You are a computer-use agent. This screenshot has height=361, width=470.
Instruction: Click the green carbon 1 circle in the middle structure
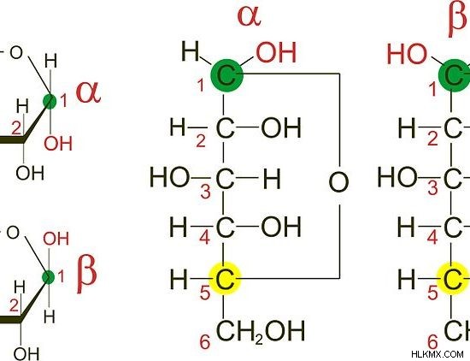(226, 75)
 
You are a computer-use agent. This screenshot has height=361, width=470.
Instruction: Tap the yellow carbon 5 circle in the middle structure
(225, 279)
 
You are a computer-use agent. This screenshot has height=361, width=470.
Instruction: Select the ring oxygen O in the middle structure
(338, 182)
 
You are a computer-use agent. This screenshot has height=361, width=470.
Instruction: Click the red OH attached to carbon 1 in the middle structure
(276, 52)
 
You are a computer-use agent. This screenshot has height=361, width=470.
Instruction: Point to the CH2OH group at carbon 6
(260, 331)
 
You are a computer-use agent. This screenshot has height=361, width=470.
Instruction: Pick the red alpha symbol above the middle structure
(249, 15)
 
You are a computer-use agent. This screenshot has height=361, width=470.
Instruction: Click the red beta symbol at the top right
(457, 19)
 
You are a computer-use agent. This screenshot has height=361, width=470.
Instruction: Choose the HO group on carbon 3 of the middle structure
(169, 177)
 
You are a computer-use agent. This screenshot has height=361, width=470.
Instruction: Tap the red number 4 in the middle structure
(205, 238)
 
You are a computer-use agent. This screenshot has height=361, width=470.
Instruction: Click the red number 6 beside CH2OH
(205, 342)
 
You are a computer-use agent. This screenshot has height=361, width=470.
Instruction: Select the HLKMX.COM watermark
(438, 354)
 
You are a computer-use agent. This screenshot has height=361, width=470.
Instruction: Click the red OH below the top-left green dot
(58, 144)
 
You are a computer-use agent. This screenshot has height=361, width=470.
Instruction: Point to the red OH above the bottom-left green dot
(56, 239)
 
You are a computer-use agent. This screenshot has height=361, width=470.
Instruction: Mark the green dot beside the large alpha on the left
(50, 102)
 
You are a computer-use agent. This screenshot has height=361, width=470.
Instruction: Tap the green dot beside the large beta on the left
(48, 277)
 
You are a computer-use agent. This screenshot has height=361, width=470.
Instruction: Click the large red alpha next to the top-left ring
(88, 92)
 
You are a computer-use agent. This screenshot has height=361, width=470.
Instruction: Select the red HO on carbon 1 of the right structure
(407, 54)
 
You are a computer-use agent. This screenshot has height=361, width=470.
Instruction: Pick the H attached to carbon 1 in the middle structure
(190, 51)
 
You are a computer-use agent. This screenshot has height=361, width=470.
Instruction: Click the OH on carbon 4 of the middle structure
(281, 226)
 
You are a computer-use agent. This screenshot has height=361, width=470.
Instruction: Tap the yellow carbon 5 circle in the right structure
(453, 279)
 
